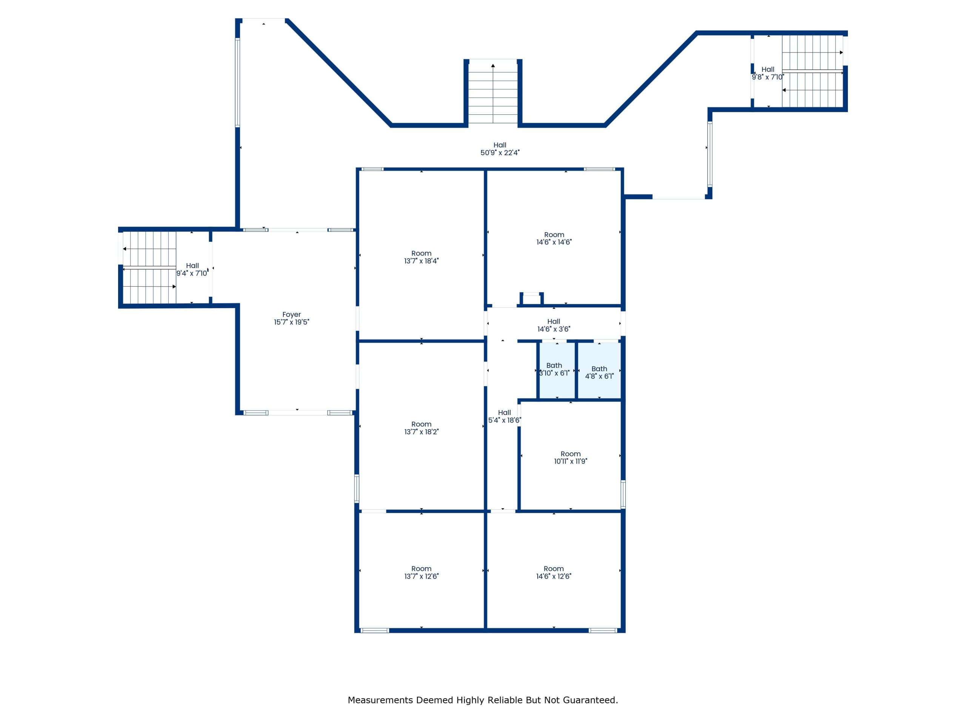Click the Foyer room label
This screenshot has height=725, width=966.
(x=291, y=318)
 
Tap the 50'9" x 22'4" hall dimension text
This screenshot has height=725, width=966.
(x=500, y=153)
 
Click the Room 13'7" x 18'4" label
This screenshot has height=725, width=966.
(x=421, y=257)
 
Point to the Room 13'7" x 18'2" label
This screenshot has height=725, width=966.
(x=421, y=428)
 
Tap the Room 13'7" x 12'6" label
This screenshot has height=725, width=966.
(x=421, y=572)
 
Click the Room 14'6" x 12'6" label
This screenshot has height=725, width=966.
(x=553, y=572)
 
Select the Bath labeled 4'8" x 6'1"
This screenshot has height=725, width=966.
(x=599, y=372)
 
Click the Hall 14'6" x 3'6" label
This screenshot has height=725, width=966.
(x=553, y=325)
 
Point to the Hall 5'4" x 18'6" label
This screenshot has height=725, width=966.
(x=505, y=416)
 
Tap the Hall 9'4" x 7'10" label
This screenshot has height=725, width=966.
(x=192, y=269)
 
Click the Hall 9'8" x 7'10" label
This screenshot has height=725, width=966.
(x=768, y=73)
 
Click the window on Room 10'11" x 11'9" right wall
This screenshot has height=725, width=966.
(x=623, y=494)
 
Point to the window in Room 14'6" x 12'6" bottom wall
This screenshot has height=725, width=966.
(x=603, y=630)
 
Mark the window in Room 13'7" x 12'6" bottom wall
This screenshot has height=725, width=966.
(x=375, y=630)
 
